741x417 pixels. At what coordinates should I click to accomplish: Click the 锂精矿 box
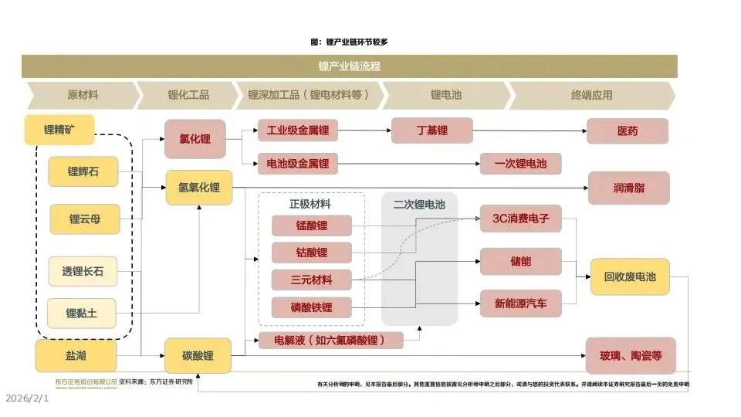coord(59,130)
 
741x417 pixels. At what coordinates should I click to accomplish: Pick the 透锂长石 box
coord(83,271)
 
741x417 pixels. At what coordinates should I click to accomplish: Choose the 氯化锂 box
coord(195,139)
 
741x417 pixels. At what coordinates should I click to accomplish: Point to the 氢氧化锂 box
coord(198,187)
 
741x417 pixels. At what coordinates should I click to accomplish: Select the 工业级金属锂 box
coord(298,131)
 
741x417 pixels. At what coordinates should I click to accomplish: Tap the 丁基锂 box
coord(431,131)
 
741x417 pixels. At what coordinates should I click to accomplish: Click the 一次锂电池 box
coord(520,164)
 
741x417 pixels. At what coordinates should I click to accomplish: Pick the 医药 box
coord(628,131)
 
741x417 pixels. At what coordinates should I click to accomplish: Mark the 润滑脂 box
coord(628,188)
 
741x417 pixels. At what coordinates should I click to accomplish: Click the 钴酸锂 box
coord(311,253)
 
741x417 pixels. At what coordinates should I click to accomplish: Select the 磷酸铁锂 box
coord(311,307)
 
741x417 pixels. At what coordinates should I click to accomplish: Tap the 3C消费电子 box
coord(520,219)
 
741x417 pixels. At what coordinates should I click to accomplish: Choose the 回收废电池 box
coord(629,276)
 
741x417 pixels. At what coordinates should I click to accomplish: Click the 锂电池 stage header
coord(446,95)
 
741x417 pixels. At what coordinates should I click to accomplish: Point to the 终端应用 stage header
coord(591,95)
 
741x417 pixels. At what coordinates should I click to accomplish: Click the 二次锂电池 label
coord(419,205)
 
